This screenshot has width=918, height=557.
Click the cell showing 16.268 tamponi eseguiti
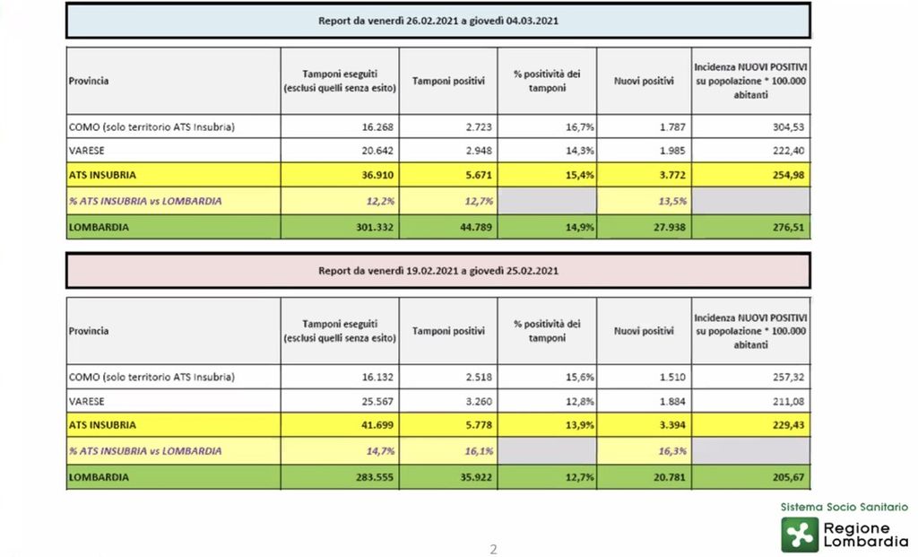pos(377,127)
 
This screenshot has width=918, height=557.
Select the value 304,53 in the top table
pos(788,127)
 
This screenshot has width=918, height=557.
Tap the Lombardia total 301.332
pos(375,227)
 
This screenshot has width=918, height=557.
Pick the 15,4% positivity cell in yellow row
pos(580,175)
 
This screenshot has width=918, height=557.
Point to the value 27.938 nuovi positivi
pos(669,227)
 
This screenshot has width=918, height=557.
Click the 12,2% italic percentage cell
pos(380,202)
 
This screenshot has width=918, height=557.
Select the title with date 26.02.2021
pos(437,22)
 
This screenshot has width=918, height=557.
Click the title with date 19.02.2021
pos(437,271)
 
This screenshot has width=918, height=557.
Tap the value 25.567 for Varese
pos(377,402)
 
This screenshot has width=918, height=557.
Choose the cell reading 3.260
pos(479,402)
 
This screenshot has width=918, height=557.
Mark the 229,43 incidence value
pos(788,425)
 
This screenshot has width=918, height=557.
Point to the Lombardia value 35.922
pos(476,477)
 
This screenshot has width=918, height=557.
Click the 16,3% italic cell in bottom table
pos(672,451)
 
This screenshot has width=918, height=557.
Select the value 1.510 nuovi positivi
pos(672,378)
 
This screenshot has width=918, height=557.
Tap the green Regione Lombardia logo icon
pos(800,535)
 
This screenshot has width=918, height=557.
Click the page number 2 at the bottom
pos(494,550)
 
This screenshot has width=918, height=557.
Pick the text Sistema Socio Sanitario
pos(844,507)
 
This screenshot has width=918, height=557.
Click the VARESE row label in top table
pos(87,151)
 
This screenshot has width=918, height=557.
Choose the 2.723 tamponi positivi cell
pos(479,127)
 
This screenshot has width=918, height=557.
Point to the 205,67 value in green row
pos(788,477)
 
